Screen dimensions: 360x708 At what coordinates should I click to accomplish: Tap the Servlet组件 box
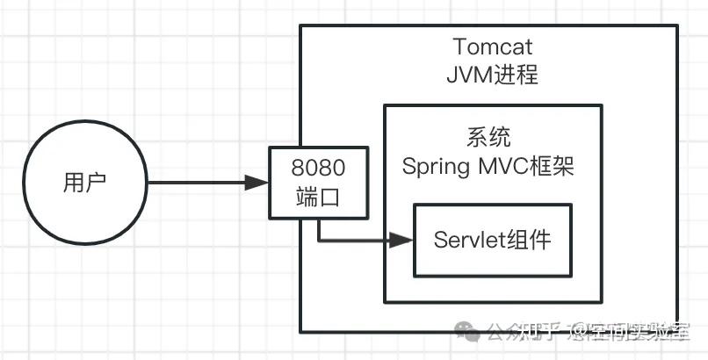coord(492,240)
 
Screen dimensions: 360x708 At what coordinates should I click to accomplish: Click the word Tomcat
coord(492,46)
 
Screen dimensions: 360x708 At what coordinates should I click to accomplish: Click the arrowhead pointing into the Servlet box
coord(402,239)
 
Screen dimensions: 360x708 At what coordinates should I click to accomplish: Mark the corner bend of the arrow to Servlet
coord(319,239)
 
